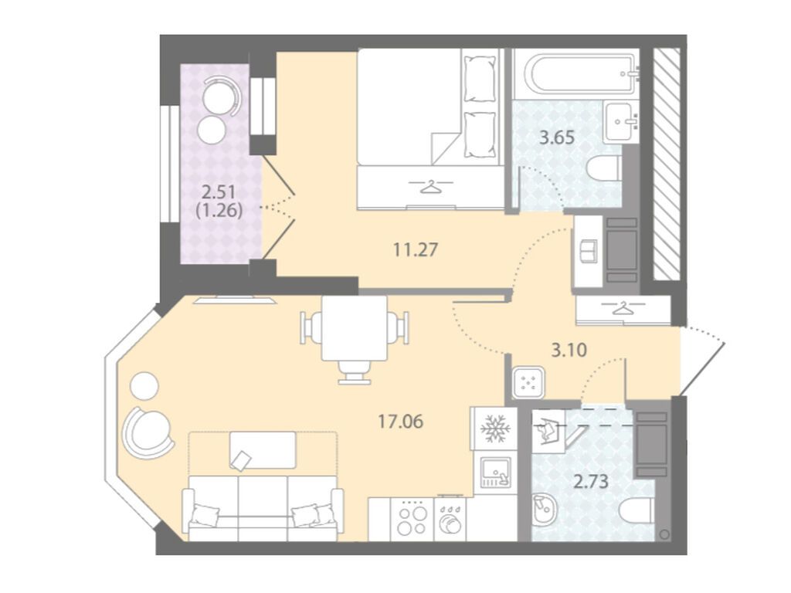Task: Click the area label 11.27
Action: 415,249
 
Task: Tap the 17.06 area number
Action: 401,421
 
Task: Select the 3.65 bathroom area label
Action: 557,137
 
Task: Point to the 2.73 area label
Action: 591,482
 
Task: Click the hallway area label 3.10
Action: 569,350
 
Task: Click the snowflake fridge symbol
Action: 495,429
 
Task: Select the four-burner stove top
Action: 412,520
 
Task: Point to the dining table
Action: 355,328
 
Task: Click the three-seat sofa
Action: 263,508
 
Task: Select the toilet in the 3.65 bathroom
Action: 604,168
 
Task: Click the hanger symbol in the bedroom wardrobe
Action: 430,187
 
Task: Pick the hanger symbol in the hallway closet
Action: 624,307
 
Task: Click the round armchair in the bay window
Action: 148,432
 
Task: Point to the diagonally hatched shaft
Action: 667,162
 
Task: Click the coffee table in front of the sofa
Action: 263,450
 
